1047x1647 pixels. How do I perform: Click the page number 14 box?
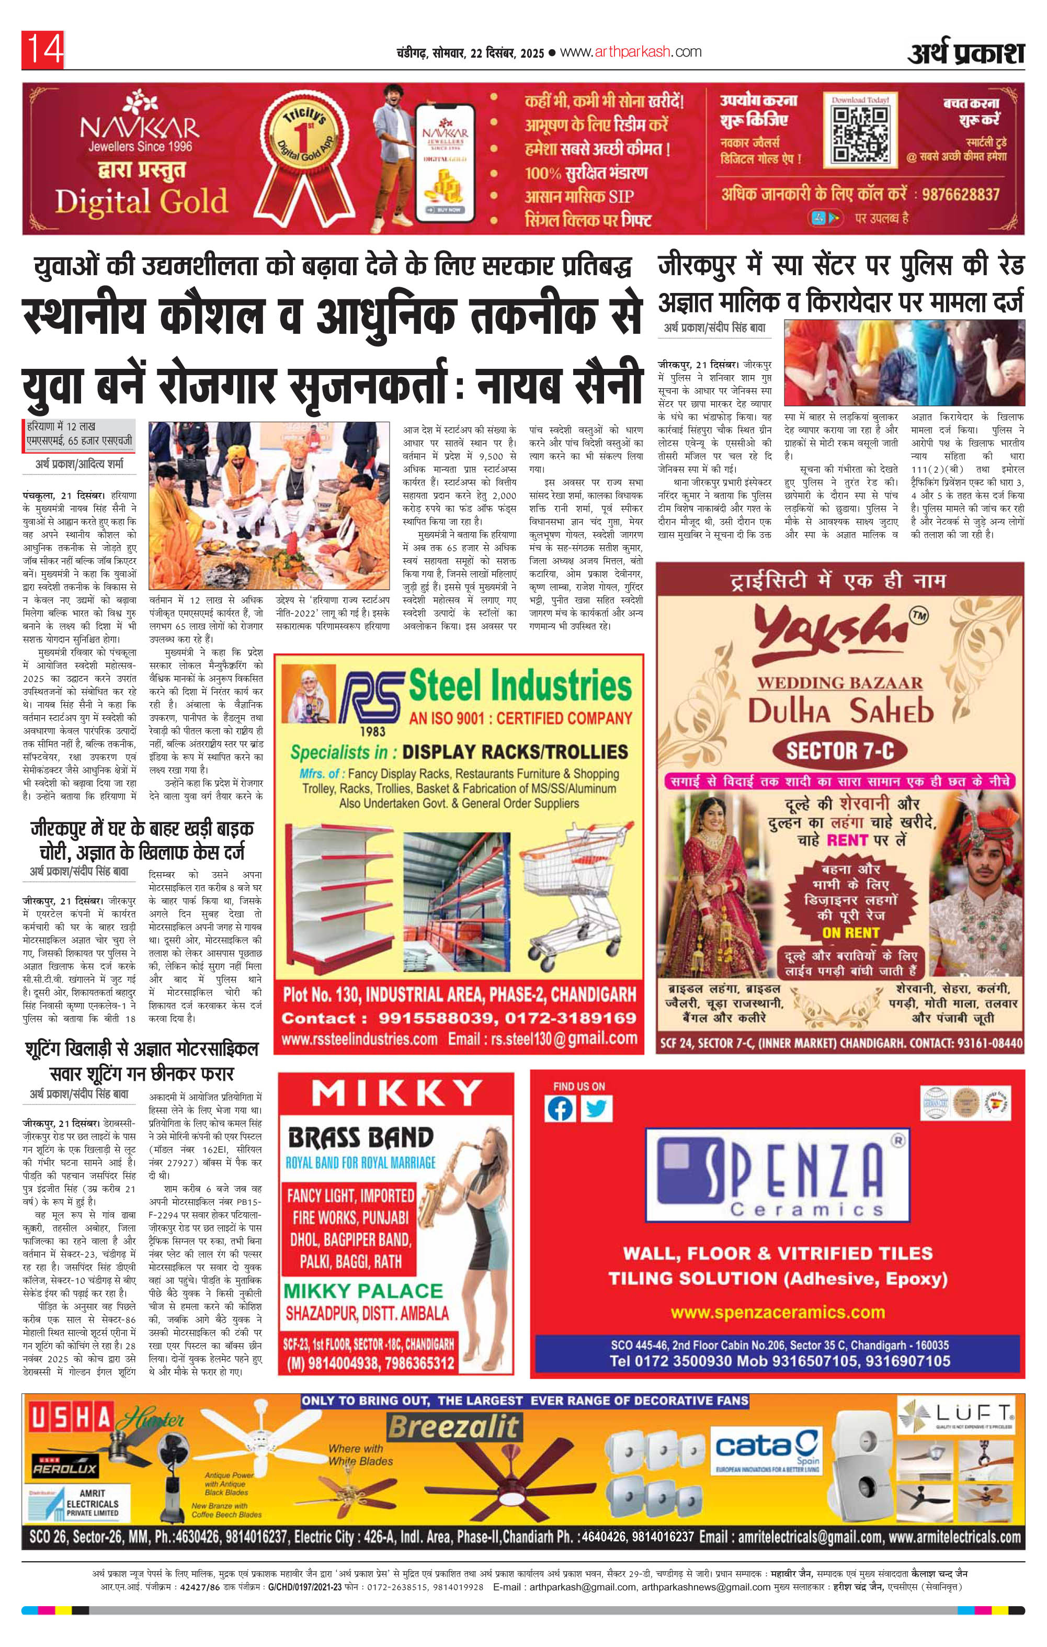(43, 50)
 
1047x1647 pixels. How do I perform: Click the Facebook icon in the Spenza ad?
(560, 1109)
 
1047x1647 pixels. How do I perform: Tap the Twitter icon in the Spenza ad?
(596, 1109)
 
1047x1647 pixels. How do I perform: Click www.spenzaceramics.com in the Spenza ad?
(778, 1311)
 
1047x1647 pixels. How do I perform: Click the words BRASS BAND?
(360, 1137)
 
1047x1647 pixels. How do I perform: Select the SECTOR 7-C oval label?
(840, 751)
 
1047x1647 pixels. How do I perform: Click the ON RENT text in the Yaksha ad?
(851, 932)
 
